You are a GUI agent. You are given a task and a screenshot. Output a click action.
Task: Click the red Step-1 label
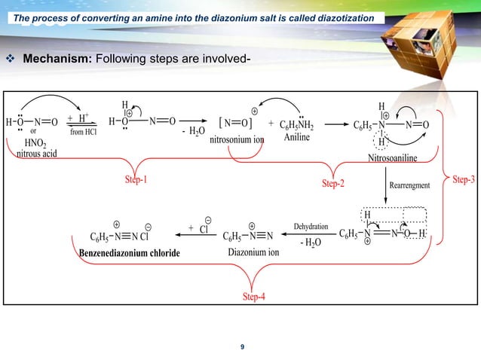(136, 180)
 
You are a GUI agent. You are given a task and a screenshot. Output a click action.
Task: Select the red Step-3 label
(463, 178)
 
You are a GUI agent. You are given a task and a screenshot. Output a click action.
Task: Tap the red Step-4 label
(253, 296)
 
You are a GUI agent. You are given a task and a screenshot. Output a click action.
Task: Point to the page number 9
(241, 346)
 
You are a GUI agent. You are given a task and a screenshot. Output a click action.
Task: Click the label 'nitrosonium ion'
(236, 139)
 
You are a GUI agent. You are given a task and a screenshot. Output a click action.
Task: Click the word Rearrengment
(410, 185)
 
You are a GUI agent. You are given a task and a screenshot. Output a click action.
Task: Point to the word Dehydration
(310, 226)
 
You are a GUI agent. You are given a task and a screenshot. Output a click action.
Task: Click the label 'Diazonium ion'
(253, 252)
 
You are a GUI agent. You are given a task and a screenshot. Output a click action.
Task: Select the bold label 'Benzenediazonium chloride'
(130, 252)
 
